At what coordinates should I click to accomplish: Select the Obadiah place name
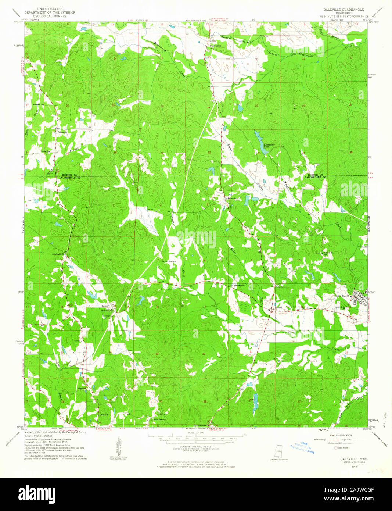click(x=82, y=388)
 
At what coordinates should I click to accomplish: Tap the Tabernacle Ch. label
click(x=238, y=286)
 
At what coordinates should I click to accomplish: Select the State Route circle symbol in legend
click(x=335, y=448)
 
